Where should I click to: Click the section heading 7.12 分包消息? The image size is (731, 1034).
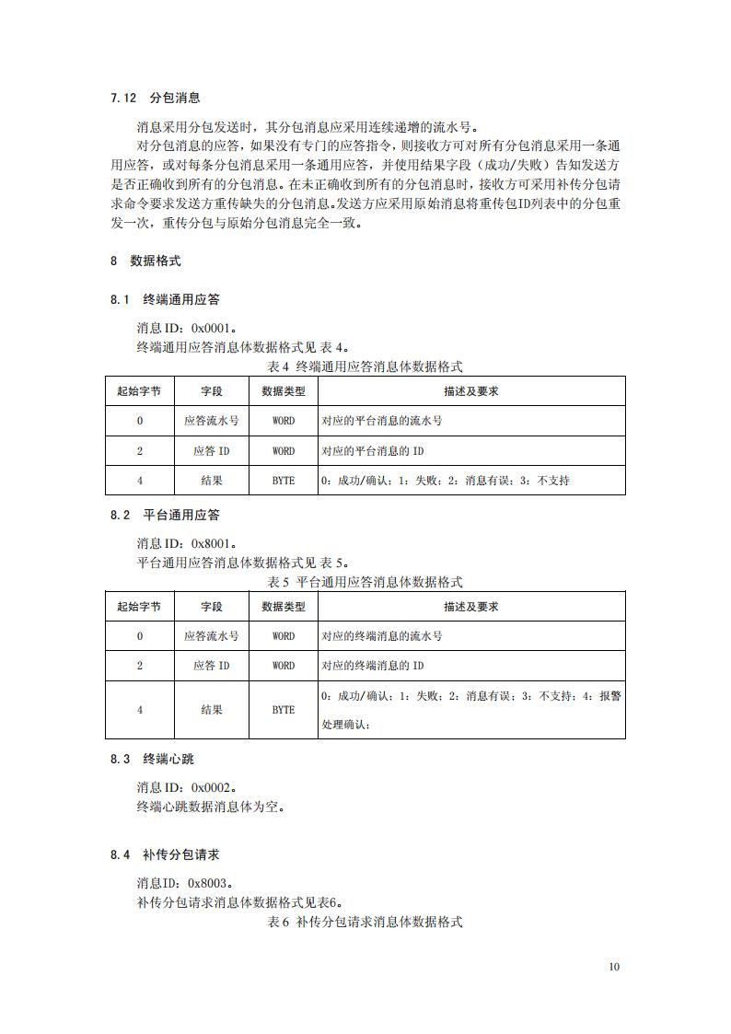155,97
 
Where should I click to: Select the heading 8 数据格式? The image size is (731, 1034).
145,261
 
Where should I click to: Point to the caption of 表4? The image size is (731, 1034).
365,366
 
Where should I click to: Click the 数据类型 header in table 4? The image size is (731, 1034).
284,391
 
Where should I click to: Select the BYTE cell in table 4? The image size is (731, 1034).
284,480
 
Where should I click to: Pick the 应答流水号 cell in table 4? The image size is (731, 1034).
212,421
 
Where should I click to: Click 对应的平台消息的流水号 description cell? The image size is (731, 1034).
382,421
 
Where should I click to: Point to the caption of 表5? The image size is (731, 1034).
365,582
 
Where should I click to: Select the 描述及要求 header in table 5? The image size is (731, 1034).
470,607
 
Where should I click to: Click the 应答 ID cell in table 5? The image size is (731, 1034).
212,665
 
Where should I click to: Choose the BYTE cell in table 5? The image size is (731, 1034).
284,710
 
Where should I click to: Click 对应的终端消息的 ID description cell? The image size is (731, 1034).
373,665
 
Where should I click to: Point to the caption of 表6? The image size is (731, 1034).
365,921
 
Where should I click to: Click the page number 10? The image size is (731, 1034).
614,967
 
